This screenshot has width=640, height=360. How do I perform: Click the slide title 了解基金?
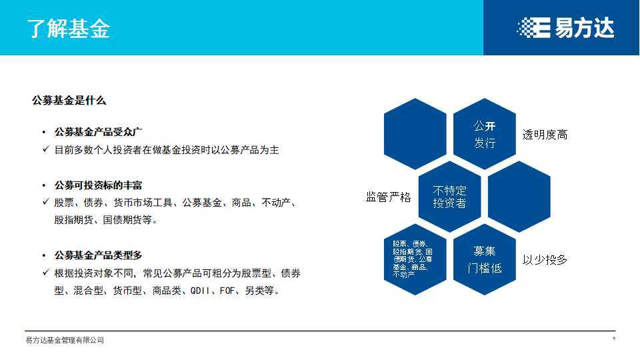pyautogui.click(x=69, y=29)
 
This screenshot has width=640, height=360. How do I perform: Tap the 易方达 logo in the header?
pyautogui.click(x=565, y=28)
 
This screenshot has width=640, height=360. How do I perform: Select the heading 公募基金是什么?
pyautogui.click(x=69, y=101)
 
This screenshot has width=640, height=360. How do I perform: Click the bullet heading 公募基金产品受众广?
pyautogui.click(x=99, y=132)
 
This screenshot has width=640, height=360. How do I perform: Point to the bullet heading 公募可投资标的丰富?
pyautogui.click(x=99, y=185)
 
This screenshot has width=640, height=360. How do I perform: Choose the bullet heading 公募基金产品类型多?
pyautogui.click(x=99, y=255)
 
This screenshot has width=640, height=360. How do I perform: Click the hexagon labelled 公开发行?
pyautogui.click(x=485, y=133)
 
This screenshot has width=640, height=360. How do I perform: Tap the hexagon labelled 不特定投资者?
pyautogui.click(x=450, y=197)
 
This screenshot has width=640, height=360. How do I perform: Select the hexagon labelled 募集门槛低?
pyautogui.click(x=485, y=259)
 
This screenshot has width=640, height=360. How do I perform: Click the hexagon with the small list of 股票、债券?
pyautogui.click(x=415, y=259)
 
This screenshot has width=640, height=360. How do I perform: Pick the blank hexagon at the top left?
pyautogui.click(x=415, y=133)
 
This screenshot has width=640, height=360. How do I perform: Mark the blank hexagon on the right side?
pyautogui.click(x=519, y=197)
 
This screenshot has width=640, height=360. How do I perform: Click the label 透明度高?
pyautogui.click(x=545, y=135)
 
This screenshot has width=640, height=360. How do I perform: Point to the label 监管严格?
pyautogui.click(x=388, y=197)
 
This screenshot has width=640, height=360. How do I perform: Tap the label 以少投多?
pyautogui.click(x=545, y=260)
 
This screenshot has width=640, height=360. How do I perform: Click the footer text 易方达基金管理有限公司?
pyautogui.click(x=65, y=341)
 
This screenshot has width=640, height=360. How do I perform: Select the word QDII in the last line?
pyautogui.click(x=201, y=291)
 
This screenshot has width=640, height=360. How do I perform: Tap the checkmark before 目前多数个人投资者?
pyautogui.click(x=45, y=150)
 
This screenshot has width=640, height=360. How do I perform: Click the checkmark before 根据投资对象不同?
pyautogui.click(x=45, y=273)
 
